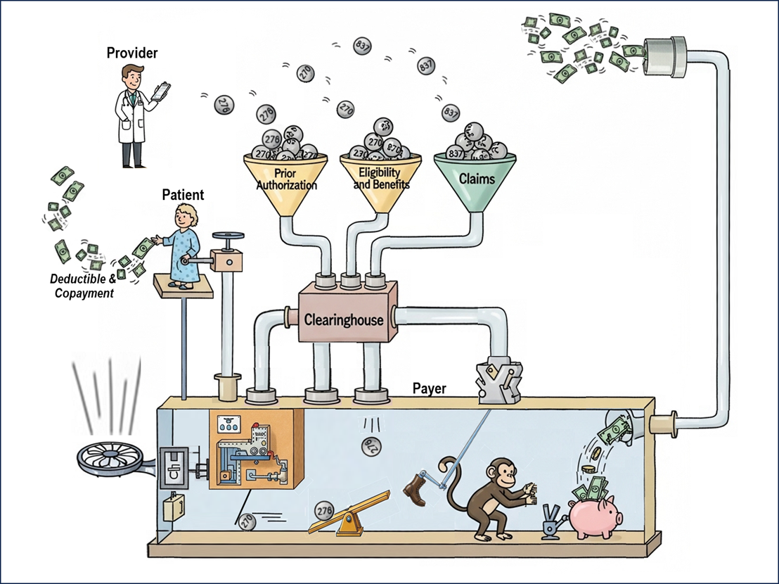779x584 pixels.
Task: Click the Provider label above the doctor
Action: click(x=132, y=53)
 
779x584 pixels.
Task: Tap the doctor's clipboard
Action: click(x=161, y=91)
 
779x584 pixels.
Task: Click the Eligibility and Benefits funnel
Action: click(x=380, y=179)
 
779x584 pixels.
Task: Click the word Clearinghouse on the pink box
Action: click(x=344, y=319)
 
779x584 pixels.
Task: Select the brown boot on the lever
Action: click(x=416, y=490)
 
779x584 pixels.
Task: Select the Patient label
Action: click(x=183, y=195)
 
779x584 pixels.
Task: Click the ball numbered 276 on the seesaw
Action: click(x=325, y=510)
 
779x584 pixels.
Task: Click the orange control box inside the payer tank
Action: click(x=256, y=450)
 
